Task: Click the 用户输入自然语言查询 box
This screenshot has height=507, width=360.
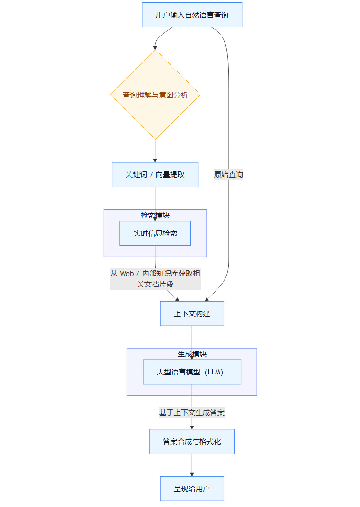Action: point(192,15)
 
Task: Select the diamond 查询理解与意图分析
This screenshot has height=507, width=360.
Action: point(155,95)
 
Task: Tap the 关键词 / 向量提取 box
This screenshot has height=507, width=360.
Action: point(155,175)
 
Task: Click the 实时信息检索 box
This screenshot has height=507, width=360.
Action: point(155,233)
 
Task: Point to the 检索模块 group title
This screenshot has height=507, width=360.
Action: point(155,215)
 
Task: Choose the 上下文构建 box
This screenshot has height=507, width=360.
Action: point(192,314)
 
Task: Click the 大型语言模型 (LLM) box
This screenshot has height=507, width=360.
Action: point(192,372)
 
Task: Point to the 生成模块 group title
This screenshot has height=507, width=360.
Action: point(192,354)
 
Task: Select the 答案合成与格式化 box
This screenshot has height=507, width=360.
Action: point(192,442)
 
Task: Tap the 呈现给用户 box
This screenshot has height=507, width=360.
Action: point(192,489)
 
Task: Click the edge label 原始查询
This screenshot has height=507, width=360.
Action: point(229,175)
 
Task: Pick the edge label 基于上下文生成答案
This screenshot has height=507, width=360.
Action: point(192,413)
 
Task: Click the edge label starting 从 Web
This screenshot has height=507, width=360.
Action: point(155,279)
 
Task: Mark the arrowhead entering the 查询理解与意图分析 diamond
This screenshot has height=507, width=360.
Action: point(155,47)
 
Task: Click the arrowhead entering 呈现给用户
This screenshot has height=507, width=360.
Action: point(192,474)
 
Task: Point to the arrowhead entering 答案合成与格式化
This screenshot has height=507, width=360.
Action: point(192,427)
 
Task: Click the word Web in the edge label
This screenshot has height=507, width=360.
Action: point(126,274)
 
